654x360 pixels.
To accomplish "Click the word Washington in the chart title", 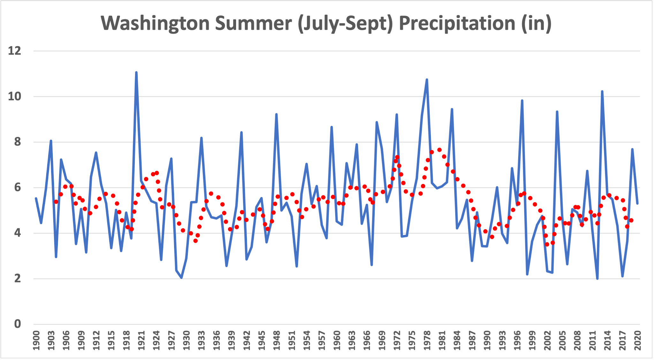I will click(155, 23).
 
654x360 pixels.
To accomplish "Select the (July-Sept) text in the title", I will click(345, 24).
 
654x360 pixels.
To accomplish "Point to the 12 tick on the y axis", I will click(14, 51).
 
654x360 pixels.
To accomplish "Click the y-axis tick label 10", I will click(14, 96).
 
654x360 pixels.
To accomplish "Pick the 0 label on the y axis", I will click(17, 324).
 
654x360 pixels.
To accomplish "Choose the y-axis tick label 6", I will click(17, 187).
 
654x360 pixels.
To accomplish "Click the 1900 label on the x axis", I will click(36, 341).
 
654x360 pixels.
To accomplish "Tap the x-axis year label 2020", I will click(637, 341).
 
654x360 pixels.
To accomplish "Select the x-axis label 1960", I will click(337, 341).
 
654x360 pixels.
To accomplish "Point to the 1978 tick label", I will click(427, 341).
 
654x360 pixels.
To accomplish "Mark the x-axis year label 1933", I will click(202, 341).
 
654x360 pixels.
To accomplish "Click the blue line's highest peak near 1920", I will click(136, 72).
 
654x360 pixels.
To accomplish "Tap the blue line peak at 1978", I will click(427, 79).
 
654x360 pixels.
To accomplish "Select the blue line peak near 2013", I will click(602, 92).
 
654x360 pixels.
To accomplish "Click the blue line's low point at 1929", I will click(181, 278).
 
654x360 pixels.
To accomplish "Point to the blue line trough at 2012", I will click(597, 279).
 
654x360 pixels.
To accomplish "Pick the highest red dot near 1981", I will click(439, 150).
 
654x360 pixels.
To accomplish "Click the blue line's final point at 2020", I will click(637, 203).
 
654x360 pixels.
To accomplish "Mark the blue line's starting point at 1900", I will click(36, 198).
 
